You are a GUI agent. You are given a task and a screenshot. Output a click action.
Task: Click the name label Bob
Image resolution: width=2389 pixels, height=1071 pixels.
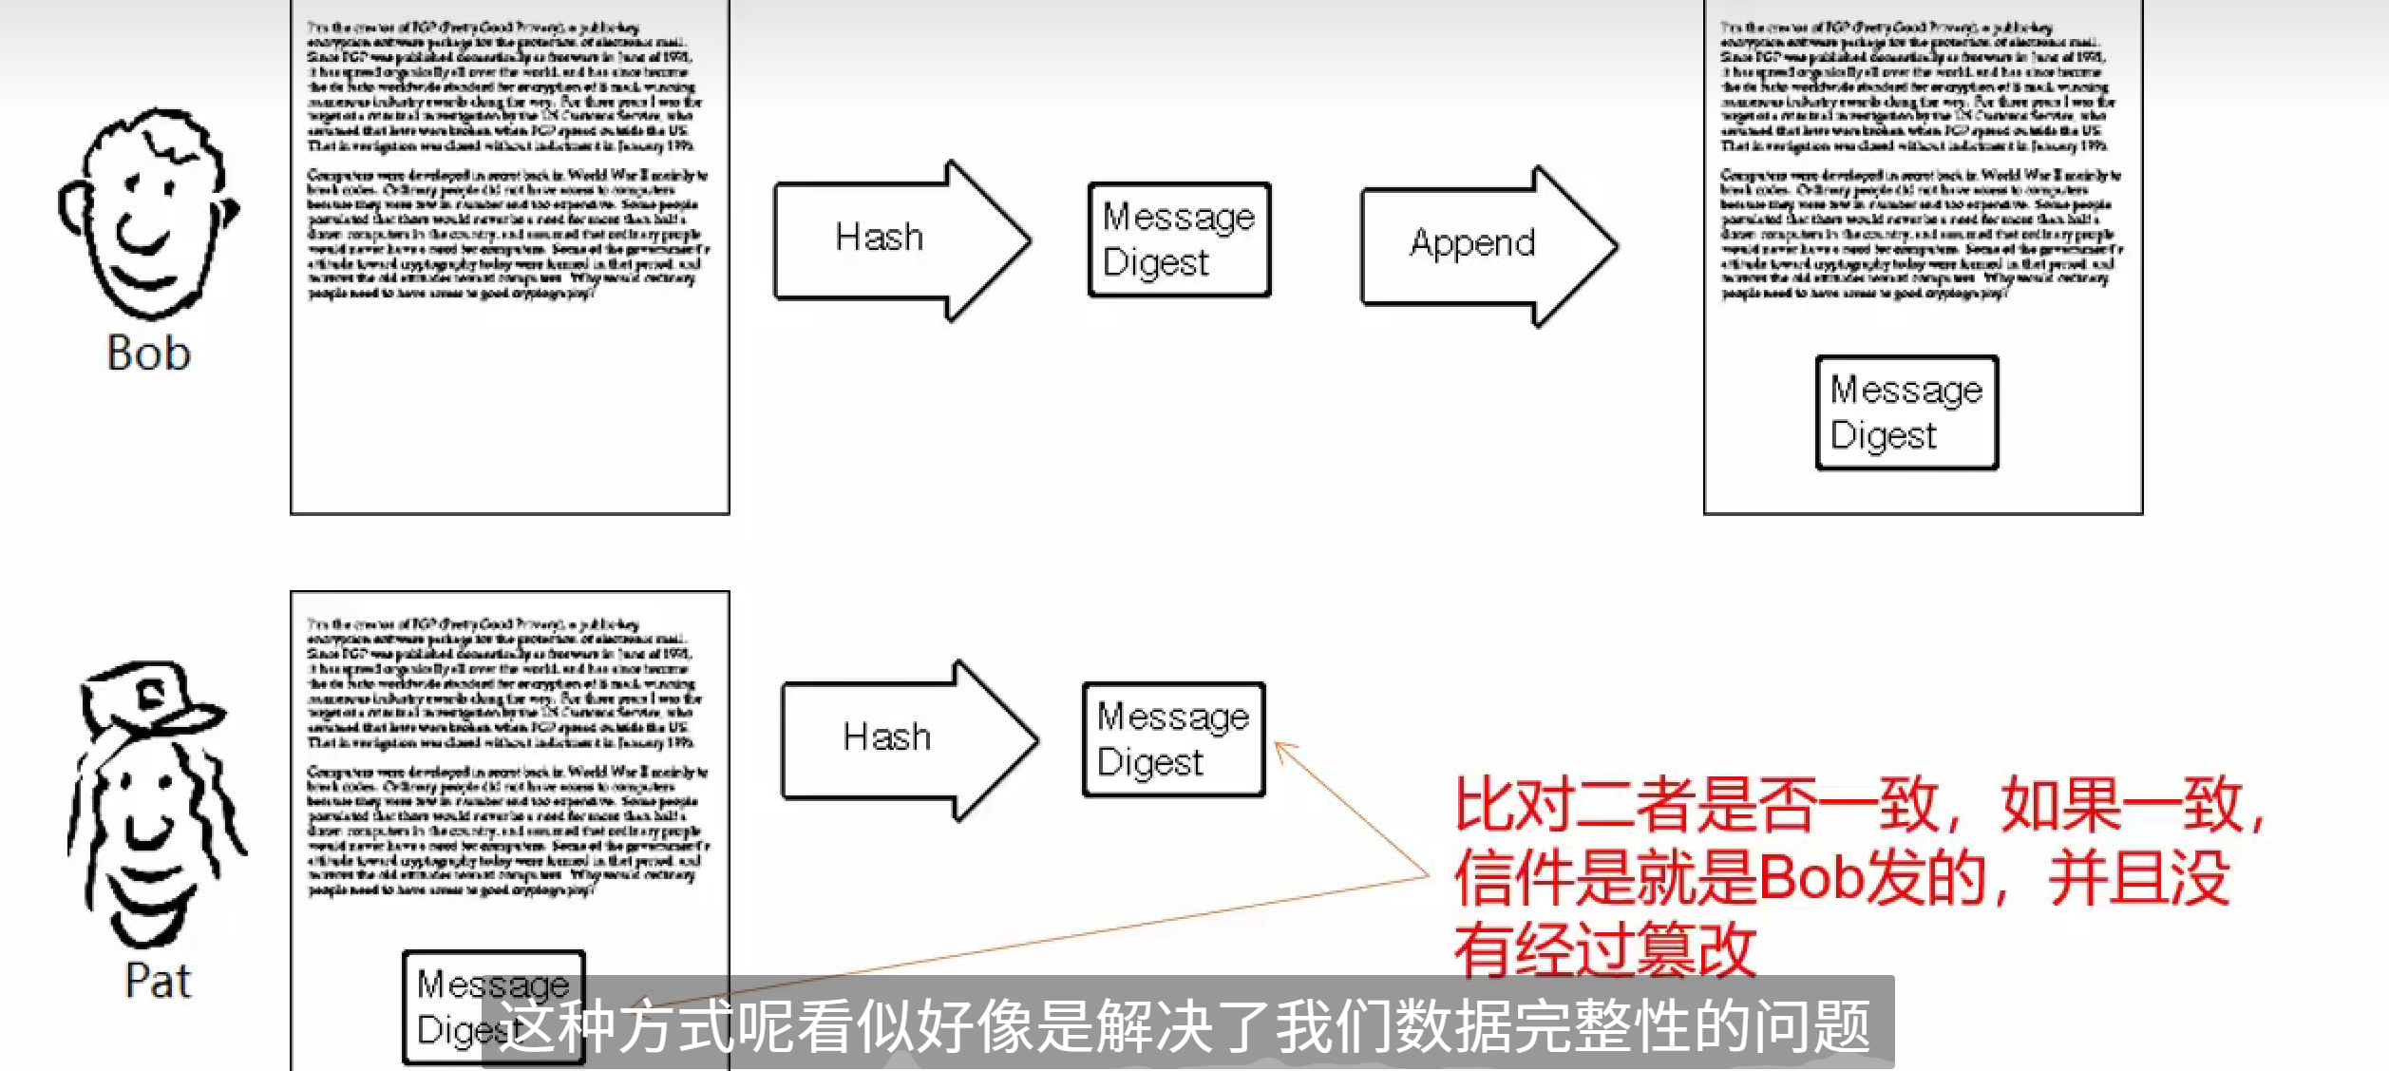click(149, 354)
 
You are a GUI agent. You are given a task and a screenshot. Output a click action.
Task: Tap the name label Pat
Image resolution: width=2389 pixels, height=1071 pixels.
click(158, 981)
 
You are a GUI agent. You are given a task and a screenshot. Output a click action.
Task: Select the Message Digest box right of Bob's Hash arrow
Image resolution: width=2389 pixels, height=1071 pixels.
click(1179, 239)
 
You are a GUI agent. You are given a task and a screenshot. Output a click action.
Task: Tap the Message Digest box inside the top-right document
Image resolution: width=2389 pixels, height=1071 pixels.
click(1906, 412)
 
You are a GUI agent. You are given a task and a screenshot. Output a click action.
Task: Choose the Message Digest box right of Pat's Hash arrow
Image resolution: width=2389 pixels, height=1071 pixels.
click(1173, 739)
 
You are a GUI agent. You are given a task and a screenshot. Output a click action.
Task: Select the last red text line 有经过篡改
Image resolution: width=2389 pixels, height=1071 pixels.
click(1605, 948)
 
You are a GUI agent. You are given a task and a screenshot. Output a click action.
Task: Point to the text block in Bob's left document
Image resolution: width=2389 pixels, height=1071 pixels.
click(508, 160)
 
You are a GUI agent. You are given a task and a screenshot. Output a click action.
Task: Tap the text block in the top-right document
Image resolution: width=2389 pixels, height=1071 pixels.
click(1921, 160)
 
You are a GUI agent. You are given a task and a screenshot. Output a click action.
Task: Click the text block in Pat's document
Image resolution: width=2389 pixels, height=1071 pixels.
click(508, 755)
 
